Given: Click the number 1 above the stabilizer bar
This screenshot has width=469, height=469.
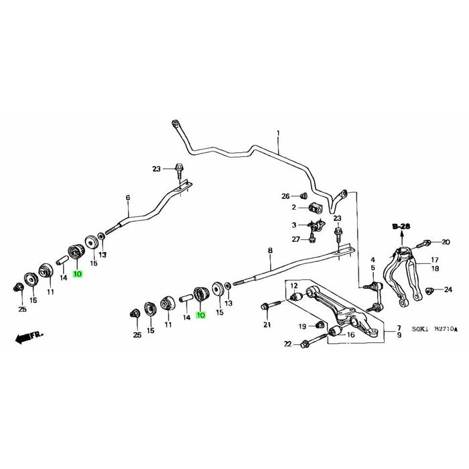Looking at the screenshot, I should (278, 135).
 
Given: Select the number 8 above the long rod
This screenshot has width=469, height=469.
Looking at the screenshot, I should (270, 251).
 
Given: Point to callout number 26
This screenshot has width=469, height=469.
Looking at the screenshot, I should (285, 196).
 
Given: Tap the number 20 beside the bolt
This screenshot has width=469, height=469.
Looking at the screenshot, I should (446, 241).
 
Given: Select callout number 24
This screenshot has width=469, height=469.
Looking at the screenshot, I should (448, 289).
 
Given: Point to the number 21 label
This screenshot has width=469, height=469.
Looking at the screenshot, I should (267, 325).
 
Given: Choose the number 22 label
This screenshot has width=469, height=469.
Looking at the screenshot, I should (287, 344).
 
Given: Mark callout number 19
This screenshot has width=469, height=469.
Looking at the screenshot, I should (302, 326).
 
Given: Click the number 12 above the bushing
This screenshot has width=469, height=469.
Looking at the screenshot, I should (293, 286).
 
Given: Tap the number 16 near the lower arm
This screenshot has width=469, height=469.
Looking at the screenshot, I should (350, 334).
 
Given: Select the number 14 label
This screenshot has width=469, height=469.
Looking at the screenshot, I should (63, 277).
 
